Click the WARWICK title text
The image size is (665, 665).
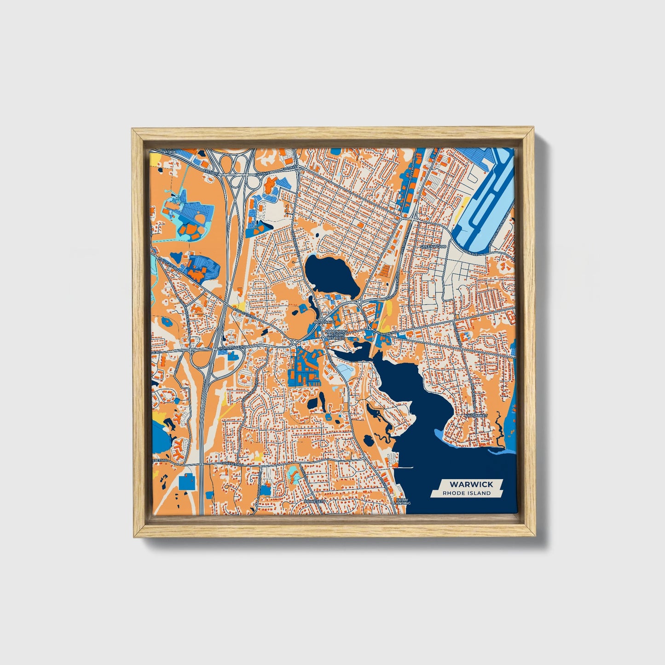coord(471,484)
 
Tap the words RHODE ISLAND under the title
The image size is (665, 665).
coord(467,493)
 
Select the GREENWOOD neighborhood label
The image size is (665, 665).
coord(433,247)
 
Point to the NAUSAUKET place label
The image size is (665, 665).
coord(475,415)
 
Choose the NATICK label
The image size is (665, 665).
coord(169,151)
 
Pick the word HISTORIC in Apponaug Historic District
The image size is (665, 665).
coord(334,335)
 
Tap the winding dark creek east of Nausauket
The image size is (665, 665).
coord(499,430)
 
